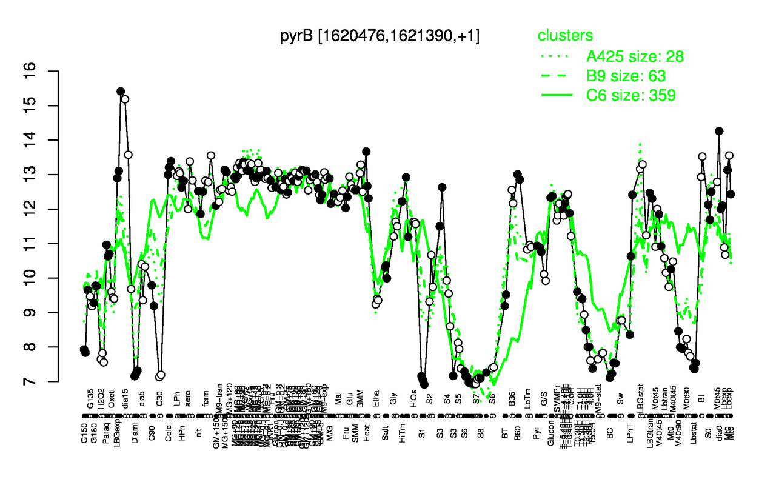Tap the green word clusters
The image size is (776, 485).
tap(565, 36)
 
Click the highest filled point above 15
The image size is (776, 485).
tap(120, 92)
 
